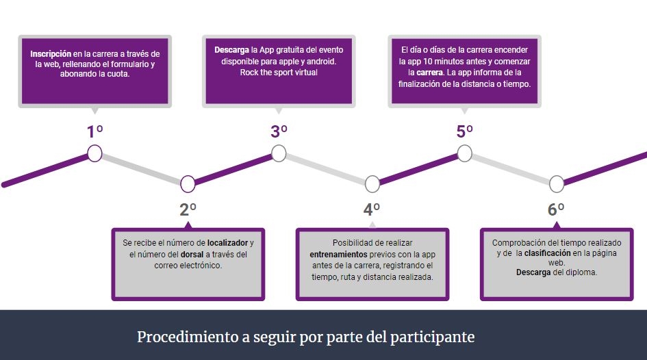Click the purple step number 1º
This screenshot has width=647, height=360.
click(94, 131)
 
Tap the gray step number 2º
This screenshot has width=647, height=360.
click(188, 209)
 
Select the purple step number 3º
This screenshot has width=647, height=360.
click(279, 131)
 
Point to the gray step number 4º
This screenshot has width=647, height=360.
click(372, 209)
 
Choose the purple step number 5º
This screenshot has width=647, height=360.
click(465, 131)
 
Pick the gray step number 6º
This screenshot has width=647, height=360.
click(556, 209)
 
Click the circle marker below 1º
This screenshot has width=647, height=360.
click(95, 153)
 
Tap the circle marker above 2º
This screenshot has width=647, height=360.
click(188, 184)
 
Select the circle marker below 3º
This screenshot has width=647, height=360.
click(279, 153)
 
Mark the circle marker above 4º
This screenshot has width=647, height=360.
click(372, 184)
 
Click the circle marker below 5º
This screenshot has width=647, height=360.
click(465, 153)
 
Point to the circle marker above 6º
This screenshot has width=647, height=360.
click(557, 184)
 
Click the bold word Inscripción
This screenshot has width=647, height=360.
click(51, 54)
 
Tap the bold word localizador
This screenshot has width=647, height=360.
click(228, 243)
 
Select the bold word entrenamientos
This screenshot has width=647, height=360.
click(338, 255)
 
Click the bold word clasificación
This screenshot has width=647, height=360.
click(547, 253)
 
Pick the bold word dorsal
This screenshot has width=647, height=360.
click(192, 255)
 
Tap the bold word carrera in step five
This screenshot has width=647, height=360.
click(429, 73)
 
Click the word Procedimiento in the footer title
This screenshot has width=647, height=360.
click(188, 337)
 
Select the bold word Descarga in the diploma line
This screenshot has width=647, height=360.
click(533, 272)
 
